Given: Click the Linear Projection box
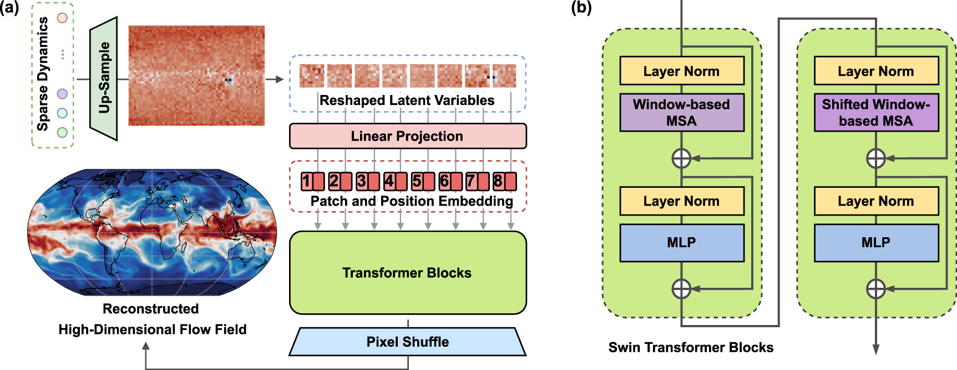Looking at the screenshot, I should tap(407, 136).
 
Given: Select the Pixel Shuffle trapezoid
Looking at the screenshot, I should tap(407, 342).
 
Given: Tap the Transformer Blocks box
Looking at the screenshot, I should tap(407, 273).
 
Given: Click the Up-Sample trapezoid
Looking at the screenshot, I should tap(104, 78).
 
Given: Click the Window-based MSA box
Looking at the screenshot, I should tap(681, 113).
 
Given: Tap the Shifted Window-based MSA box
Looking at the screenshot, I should tap(875, 113).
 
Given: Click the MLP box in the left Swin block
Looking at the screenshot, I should tap(681, 243).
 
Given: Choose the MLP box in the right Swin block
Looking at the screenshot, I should tap(875, 243).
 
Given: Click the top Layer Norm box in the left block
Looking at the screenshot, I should tap(681, 71).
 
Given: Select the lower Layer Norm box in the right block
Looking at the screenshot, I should tap(875, 201).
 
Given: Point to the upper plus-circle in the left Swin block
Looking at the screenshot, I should tap(681, 158).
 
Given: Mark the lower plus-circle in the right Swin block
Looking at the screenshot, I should tap(875, 289).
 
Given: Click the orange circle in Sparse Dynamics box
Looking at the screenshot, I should tap(63, 18).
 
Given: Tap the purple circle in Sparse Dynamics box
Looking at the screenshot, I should tap(63, 94).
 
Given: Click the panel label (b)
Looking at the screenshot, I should tap(581, 8).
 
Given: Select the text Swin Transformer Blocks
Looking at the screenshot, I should tap(691, 347).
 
